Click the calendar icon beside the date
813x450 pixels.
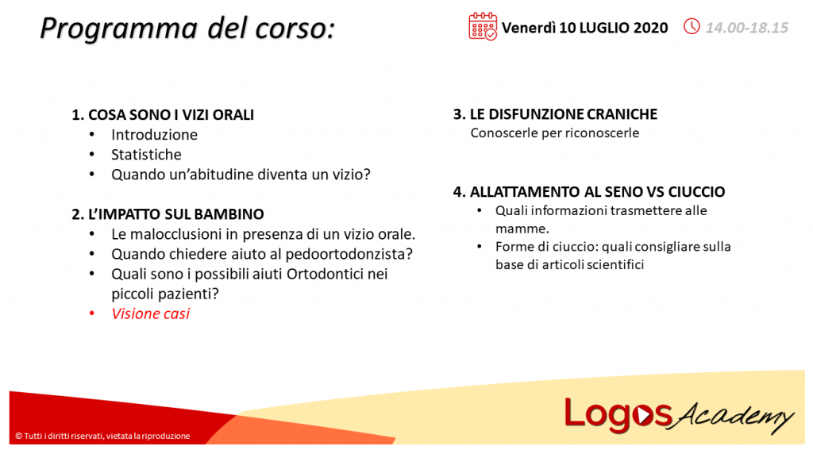[483, 26]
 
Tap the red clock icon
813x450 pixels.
[692, 27]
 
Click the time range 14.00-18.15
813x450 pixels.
[746, 28]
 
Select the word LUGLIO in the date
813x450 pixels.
[607, 28]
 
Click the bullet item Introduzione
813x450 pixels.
[154, 135]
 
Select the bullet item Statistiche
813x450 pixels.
[146, 155]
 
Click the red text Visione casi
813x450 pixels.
[150, 314]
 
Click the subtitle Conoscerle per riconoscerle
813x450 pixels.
[554, 133]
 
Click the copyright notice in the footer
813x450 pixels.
[102, 436]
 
